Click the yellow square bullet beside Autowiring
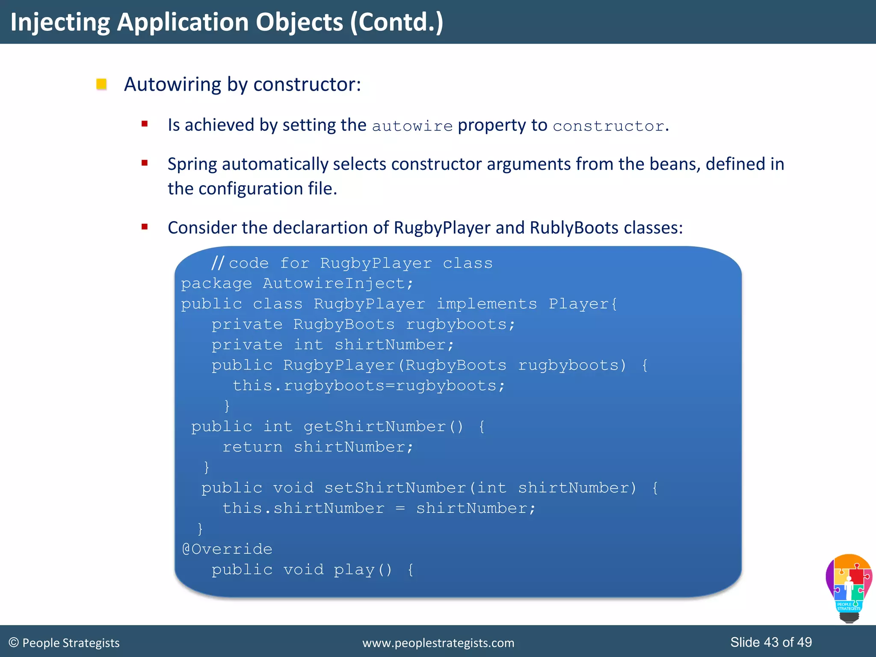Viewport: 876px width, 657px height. click(x=101, y=84)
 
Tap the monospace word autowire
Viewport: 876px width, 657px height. click(x=412, y=126)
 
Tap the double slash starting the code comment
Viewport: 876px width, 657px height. click(x=217, y=263)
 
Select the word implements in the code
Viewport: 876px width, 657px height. click(x=486, y=304)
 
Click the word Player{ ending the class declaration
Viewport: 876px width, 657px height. click(x=583, y=304)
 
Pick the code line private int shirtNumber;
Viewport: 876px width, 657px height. click(x=332, y=345)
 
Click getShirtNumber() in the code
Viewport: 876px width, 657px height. click(x=383, y=426)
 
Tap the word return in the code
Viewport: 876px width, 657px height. click(x=252, y=447)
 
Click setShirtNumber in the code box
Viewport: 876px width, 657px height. click(x=395, y=488)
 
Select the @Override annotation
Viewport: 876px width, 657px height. click(x=227, y=549)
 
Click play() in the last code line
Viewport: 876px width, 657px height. click(x=363, y=570)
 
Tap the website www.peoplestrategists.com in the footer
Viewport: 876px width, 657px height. click(x=438, y=643)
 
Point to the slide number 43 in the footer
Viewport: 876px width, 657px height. click(x=771, y=642)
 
